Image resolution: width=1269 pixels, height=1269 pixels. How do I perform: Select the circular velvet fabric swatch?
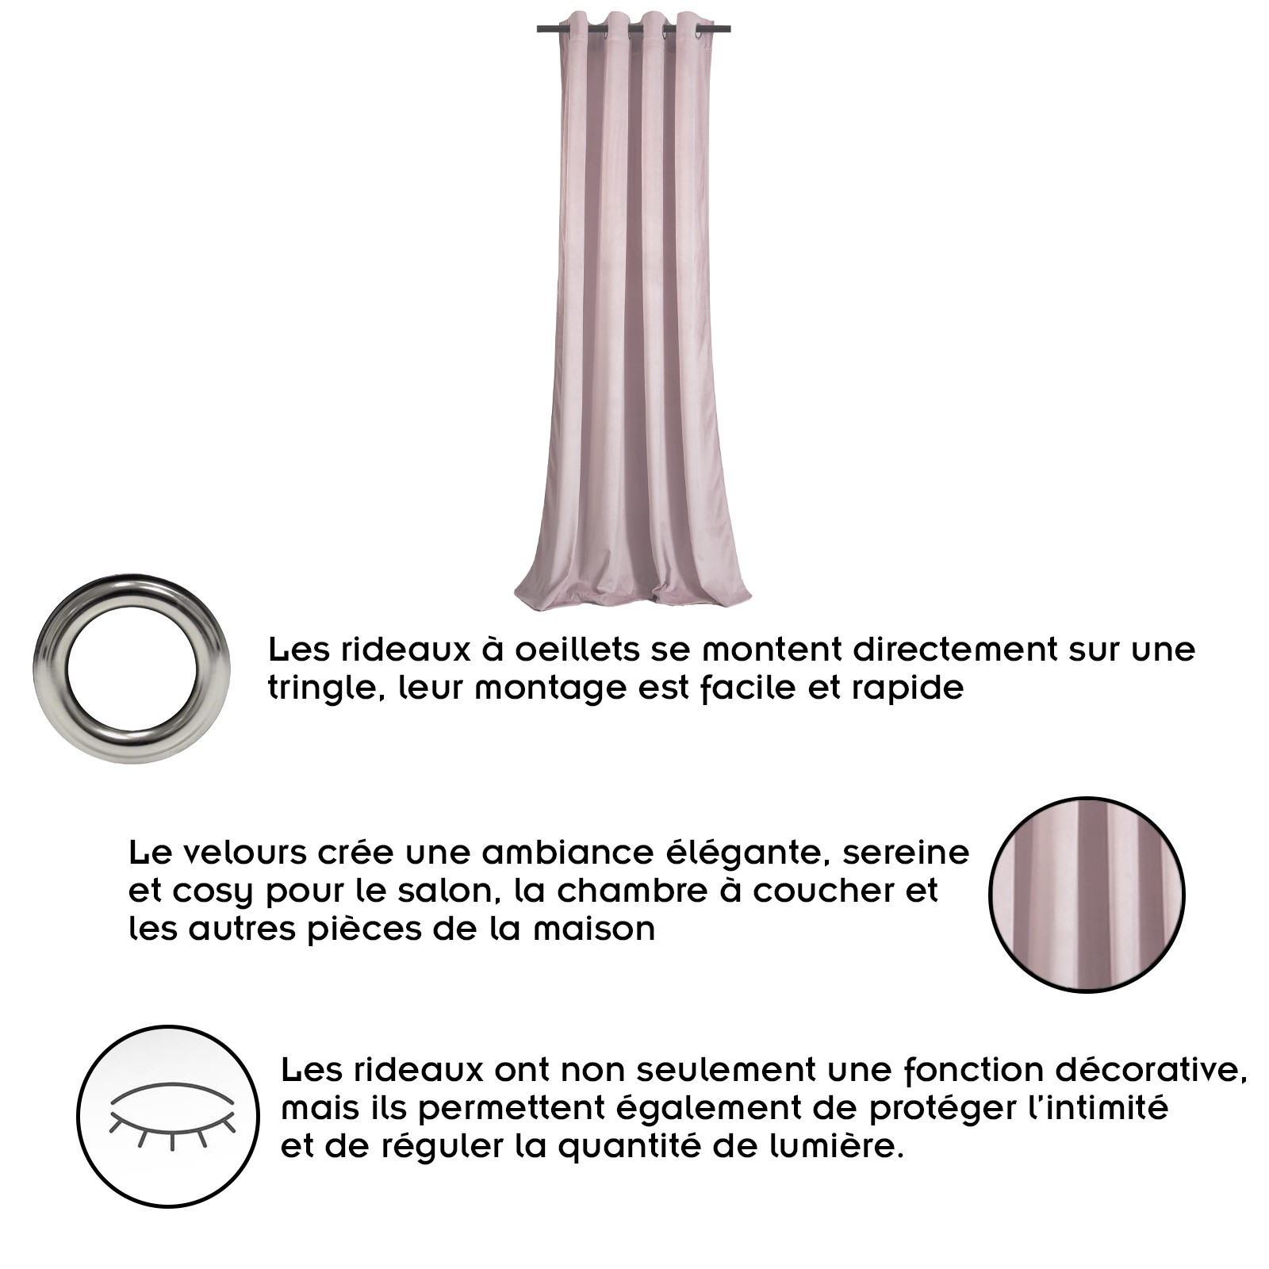point(1087,895)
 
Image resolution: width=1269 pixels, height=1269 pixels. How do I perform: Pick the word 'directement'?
point(955,650)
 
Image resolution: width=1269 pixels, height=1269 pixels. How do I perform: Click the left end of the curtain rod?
point(539,30)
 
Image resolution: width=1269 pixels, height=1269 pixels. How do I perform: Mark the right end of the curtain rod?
point(729,30)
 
